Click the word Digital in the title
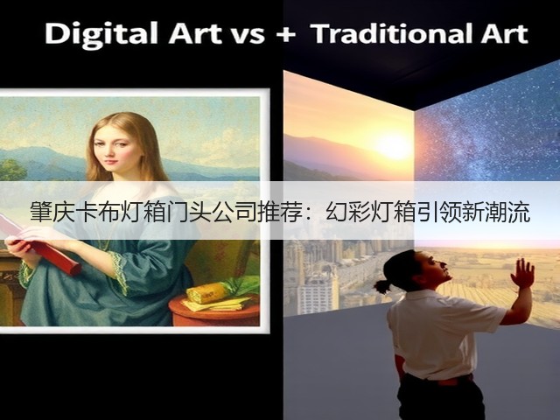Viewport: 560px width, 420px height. pyautogui.click(x=101, y=35)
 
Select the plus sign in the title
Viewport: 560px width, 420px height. pyautogui.click(x=286, y=35)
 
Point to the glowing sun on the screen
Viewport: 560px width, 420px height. pyautogui.click(x=393, y=146)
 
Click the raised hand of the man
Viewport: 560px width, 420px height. pyautogui.click(x=522, y=273)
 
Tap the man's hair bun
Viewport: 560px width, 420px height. pyautogui.click(x=381, y=286)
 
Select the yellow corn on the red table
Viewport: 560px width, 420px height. pyautogui.click(x=207, y=293)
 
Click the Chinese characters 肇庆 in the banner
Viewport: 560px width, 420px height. pyautogui.click(x=52, y=212)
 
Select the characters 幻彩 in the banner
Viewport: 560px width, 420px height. pyautogui.click(x=347, y=212)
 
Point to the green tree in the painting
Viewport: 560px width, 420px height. pyautogui.click(x=11, y=170)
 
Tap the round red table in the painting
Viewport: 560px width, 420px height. pyautogui.click(x=214, y=311)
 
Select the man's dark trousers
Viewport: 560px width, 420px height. pyautogui.click(x=439, y=397)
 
